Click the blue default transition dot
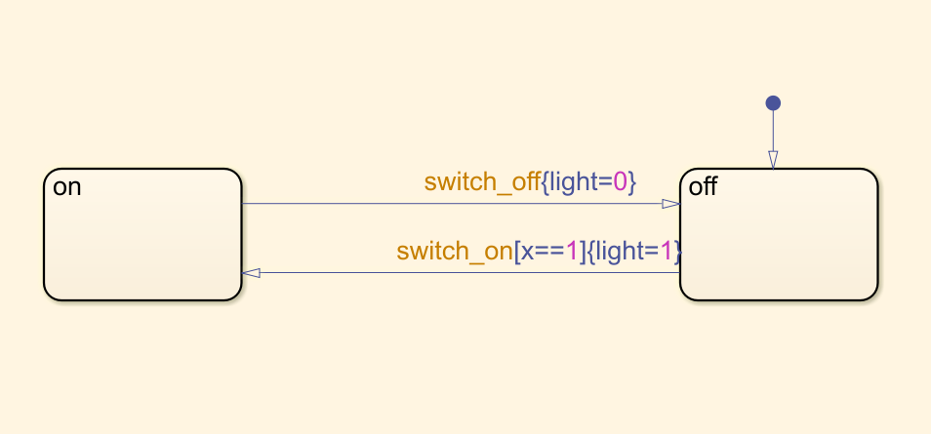pos(773,102)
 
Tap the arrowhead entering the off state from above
pos(773,160)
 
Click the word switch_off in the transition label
pos(481,181)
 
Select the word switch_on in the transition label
pos(454,252)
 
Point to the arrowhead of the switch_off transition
pos(670,204)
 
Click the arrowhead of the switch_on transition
pos(252,273)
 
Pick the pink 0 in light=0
pos(620,181)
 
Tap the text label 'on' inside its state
pos(66,187)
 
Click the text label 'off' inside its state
pos(703,187)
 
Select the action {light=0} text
pos(589,181)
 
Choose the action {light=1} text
pos(634,252)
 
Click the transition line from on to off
pos(439,204)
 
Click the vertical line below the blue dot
pos(773,132)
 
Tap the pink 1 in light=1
pos(667,252)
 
